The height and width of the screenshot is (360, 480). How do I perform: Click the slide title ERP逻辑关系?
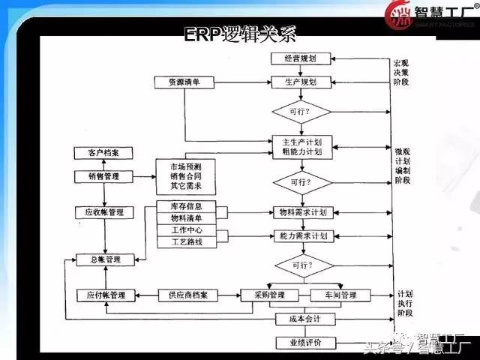click(241, 35)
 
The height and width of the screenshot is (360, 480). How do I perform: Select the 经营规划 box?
click(301, 59)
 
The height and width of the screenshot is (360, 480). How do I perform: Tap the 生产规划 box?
click(301, 81)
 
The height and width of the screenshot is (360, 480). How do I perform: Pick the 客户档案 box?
click(104, 153)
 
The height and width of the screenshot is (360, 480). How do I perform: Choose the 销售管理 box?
click(104, 177)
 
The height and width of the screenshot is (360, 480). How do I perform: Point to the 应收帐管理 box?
click(104, 213)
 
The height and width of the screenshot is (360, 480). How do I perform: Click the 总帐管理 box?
click(104, 259)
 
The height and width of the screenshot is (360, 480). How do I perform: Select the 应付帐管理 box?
click(105, 295)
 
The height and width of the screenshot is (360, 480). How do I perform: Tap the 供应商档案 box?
click(187, 295)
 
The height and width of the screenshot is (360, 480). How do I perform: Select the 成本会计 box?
click(300, 319)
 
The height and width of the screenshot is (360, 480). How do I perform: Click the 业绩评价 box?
click(300, 343)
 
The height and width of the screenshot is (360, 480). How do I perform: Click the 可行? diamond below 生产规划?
click(301, 112)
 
